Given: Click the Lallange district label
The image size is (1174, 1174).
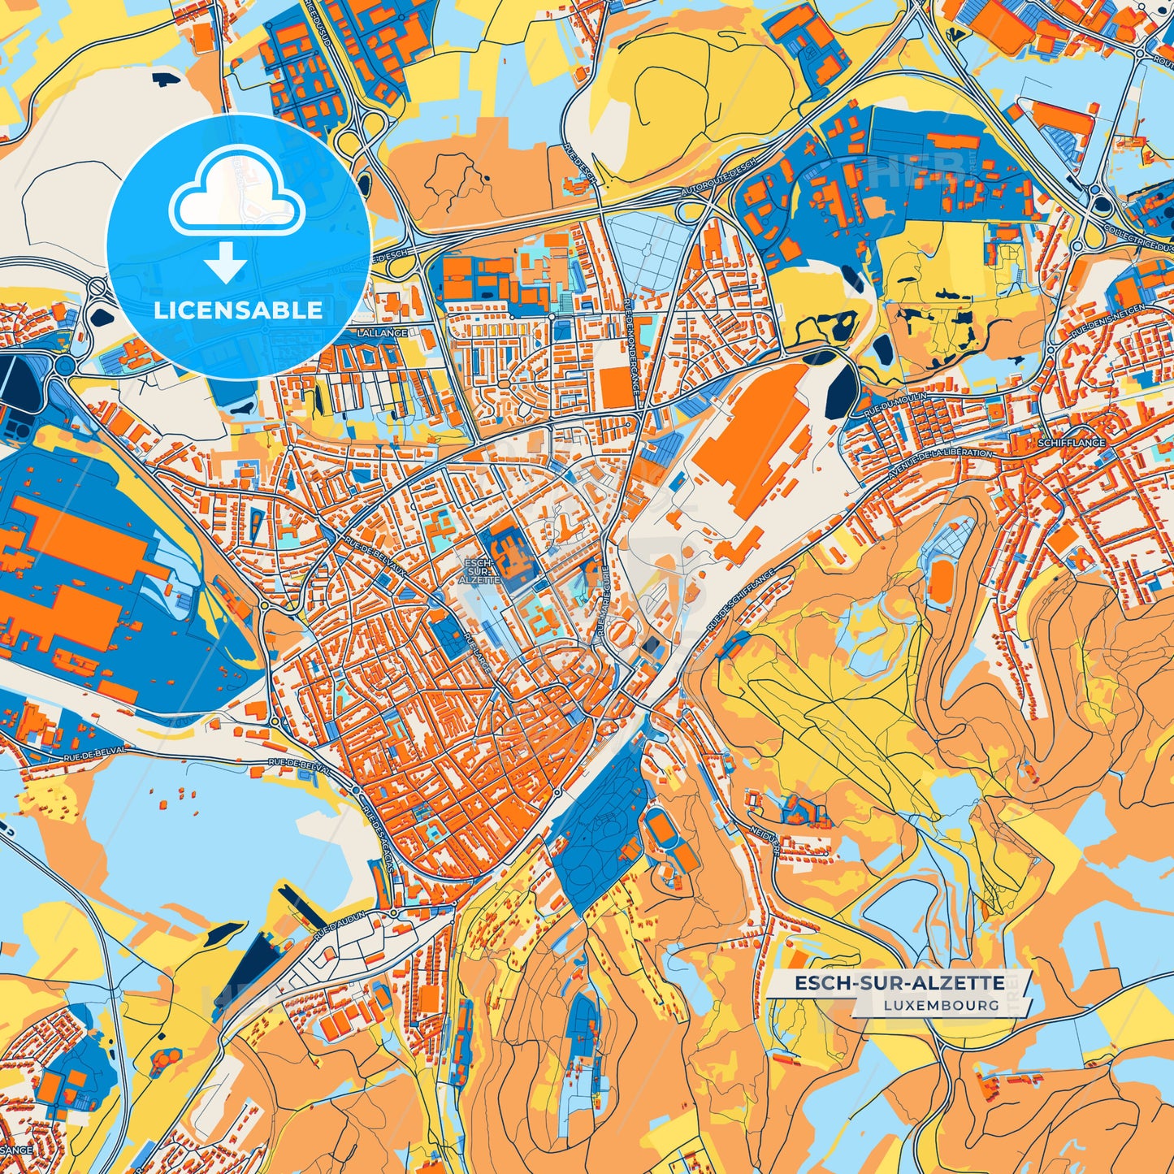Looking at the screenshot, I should pyautogui.click(x=383, y=333).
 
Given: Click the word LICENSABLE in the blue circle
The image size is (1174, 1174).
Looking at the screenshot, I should pyautogui.click(x=238, y=310).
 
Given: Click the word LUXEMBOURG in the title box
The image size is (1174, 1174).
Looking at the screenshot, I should pyautogui.click(x=942, y=1005).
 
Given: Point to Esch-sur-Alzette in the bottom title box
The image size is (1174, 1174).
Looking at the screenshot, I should pyautogui.click(x=899, y=983).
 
